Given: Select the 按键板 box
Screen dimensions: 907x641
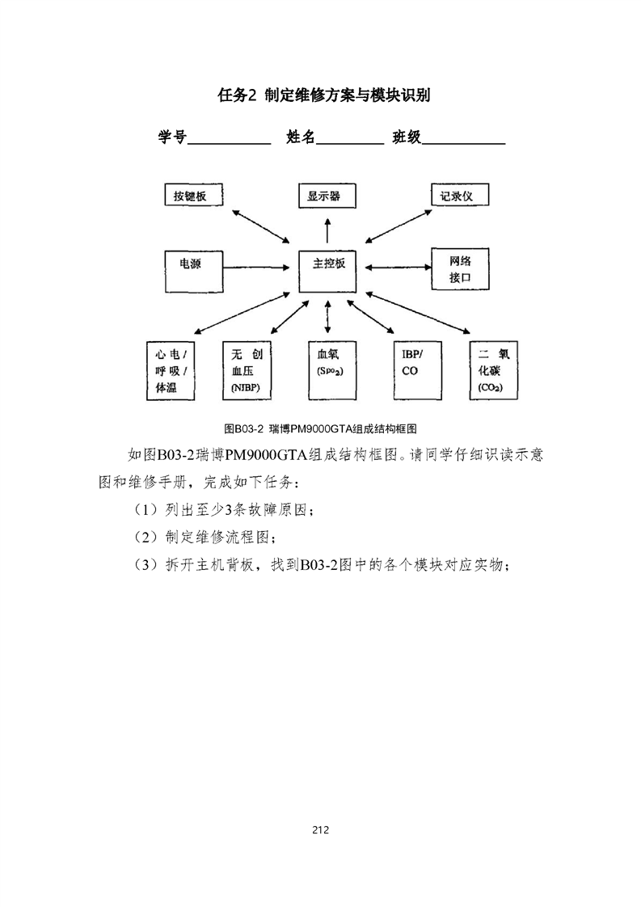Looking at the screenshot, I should point(192,196).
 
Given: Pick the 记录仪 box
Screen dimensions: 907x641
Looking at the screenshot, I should point(460,196).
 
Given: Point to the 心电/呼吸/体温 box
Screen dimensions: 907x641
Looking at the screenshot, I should point(171,371).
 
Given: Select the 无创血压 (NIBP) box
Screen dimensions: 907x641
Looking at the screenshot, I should point(247,371).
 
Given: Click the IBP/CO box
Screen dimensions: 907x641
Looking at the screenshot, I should point(416,371).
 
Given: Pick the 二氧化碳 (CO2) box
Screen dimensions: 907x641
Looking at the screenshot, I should point(492,371).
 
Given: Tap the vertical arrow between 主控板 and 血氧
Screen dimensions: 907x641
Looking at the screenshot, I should point(327,317).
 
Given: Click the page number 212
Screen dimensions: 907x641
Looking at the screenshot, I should point(320,829).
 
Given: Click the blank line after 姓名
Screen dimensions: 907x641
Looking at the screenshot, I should point(351,140).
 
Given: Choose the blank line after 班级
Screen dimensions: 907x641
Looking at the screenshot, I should point(464,140).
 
